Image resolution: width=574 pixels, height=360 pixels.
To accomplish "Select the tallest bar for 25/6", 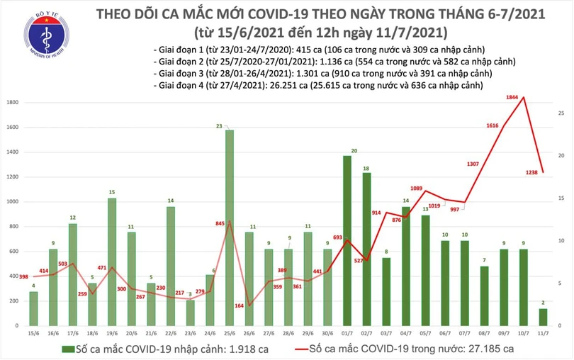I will (229, 227).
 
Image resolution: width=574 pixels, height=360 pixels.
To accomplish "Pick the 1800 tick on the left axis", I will (11, 103).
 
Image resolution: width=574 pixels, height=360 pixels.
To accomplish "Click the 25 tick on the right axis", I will (561, 113).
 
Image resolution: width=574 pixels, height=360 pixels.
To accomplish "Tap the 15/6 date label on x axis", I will (33, 333).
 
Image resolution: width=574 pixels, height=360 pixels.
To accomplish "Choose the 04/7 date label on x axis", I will (405, 333).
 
